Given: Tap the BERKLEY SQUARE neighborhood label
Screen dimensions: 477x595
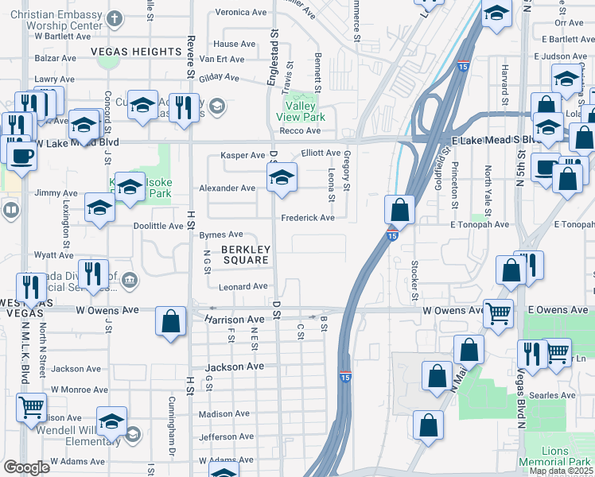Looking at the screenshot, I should [x=247, y=254].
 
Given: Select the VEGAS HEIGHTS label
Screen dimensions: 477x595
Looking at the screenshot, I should [x=137, y=52].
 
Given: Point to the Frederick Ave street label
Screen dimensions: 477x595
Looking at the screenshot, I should [x=307, y=217].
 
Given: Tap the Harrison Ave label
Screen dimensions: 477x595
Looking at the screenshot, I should [x=234, y=319].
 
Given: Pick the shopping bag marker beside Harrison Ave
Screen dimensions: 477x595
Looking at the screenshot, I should [x=171, y=323].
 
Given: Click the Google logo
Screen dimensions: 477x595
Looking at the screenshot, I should [x=26, y=467].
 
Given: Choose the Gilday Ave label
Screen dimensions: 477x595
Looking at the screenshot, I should [x=219, y=77].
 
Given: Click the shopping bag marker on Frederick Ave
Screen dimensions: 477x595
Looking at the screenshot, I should [x=400, y=210].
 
